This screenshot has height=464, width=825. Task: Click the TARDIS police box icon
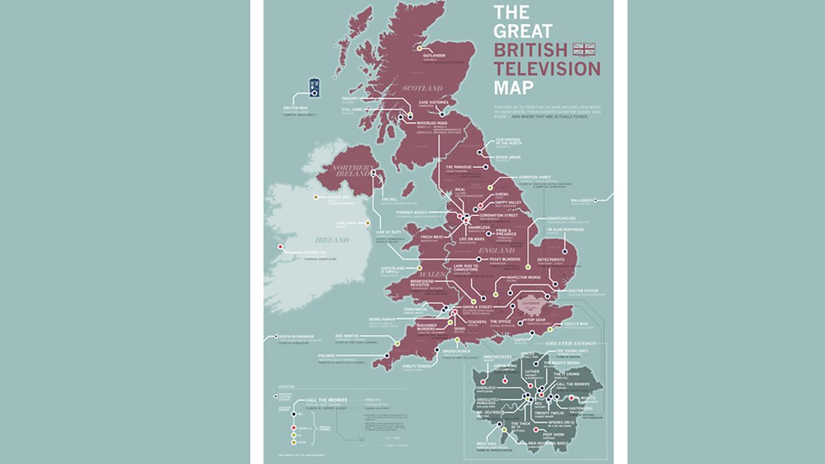click(314, 87)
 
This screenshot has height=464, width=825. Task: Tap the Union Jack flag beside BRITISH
click(584, 49)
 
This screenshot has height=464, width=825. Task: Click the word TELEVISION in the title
click(547, 68)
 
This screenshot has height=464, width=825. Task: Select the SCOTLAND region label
click(422, 88)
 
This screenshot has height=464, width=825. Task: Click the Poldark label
click(327, 355)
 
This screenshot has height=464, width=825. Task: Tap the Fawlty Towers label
click(417, 366)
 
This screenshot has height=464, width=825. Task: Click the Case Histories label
click(433, 102)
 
